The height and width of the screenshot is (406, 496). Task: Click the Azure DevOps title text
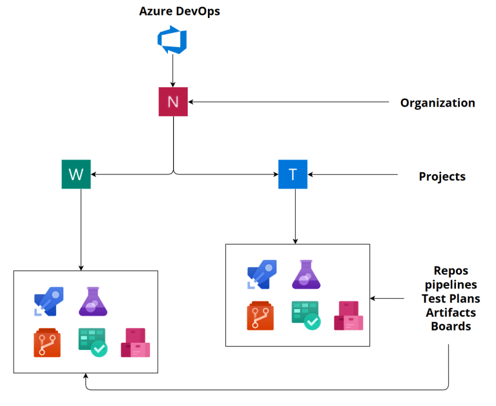pos(180,11)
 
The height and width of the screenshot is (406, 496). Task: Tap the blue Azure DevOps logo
pos(172,40)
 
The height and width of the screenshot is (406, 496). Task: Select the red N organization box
pos(172,101)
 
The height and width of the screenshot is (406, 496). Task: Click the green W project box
pos(76,174)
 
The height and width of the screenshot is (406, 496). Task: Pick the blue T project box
pos(293,174)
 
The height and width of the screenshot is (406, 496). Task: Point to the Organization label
pos(437,103)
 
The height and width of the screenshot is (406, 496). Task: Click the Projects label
pos(442,176)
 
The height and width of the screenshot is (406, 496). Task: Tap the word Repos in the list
pos(451,270)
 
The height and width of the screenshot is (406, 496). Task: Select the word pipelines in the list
pos(451,284)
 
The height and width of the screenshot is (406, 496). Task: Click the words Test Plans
pos(451,298)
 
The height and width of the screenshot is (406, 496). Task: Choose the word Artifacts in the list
pos(451,312)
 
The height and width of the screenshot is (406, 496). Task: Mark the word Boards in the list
pos(451,327)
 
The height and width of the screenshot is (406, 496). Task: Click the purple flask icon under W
pos(93,301)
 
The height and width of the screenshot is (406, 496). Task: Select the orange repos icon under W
pos(47,343)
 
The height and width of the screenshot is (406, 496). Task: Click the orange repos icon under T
pos(260,316)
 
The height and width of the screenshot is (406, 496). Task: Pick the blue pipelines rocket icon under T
pos(262,274)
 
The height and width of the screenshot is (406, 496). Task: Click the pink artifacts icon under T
pos(348,316)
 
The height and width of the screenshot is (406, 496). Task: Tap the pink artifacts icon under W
pos(135,343)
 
